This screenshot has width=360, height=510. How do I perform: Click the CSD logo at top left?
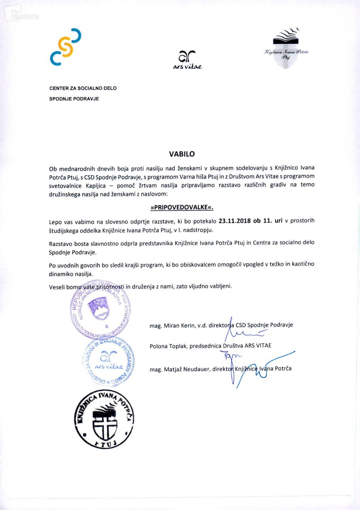point(66,47)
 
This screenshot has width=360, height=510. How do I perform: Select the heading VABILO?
point(182,154)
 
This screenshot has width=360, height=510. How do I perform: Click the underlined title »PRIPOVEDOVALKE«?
point(182,207)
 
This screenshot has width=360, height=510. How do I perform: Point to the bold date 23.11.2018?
point(234,221)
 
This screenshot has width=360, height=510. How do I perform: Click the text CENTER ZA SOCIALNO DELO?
point(83,88)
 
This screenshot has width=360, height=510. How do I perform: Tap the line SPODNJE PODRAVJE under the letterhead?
point(74,99)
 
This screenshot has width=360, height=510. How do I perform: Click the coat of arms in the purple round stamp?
point(99,308)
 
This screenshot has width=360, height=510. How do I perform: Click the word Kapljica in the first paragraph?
point(96,186)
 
